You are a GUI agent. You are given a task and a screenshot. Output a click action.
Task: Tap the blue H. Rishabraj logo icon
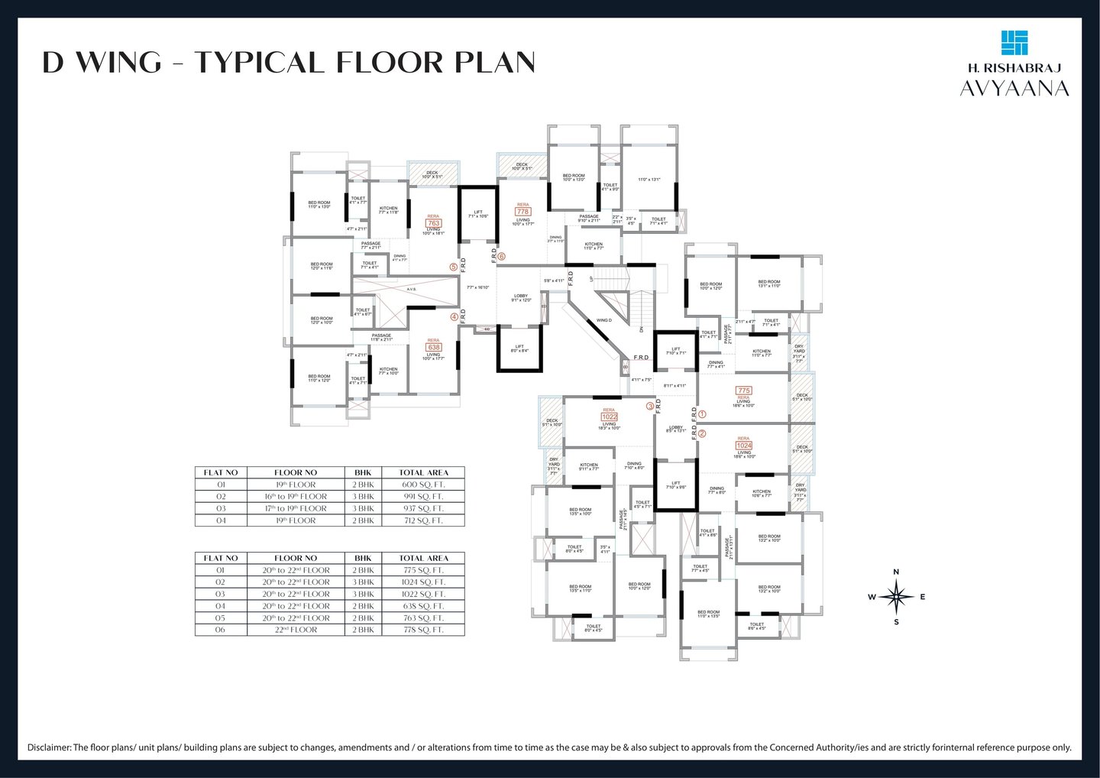(x=1014, y=43)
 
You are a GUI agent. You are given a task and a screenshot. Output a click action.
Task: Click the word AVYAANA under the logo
(x=1014, y=89)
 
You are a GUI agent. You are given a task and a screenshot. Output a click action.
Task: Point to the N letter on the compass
(x=896, y=572)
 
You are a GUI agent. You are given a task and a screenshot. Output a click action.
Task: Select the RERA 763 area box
(x=434, y=223)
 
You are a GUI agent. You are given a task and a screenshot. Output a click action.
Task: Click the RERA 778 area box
(x=522, y=212)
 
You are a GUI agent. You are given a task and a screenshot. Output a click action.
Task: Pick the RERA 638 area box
(x=433, y=347)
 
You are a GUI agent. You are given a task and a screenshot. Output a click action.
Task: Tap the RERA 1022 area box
(x=609, y=417)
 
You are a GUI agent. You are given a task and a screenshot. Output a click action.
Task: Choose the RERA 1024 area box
(x=743, y=446)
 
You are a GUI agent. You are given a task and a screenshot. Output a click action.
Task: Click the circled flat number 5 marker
(x=454, y=267)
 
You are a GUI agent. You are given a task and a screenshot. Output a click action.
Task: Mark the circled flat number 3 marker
(x=650, y=407)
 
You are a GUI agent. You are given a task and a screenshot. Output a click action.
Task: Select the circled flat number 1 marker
(x=703, y=414)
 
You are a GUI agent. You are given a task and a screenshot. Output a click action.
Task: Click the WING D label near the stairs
(x=604, y=320)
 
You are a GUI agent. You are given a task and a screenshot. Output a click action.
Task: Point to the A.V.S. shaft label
(x=411, y=289)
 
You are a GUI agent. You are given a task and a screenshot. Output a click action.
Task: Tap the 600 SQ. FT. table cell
(x=423, y=485)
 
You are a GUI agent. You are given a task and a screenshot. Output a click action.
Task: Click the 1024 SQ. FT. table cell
(x=423, y=582)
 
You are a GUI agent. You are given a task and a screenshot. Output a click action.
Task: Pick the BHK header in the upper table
(x=363, y=472)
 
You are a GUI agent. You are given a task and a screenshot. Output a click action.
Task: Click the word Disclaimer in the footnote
(x=49, y=747)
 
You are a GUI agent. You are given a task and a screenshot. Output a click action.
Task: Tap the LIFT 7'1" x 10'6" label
(x=478, y=214)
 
